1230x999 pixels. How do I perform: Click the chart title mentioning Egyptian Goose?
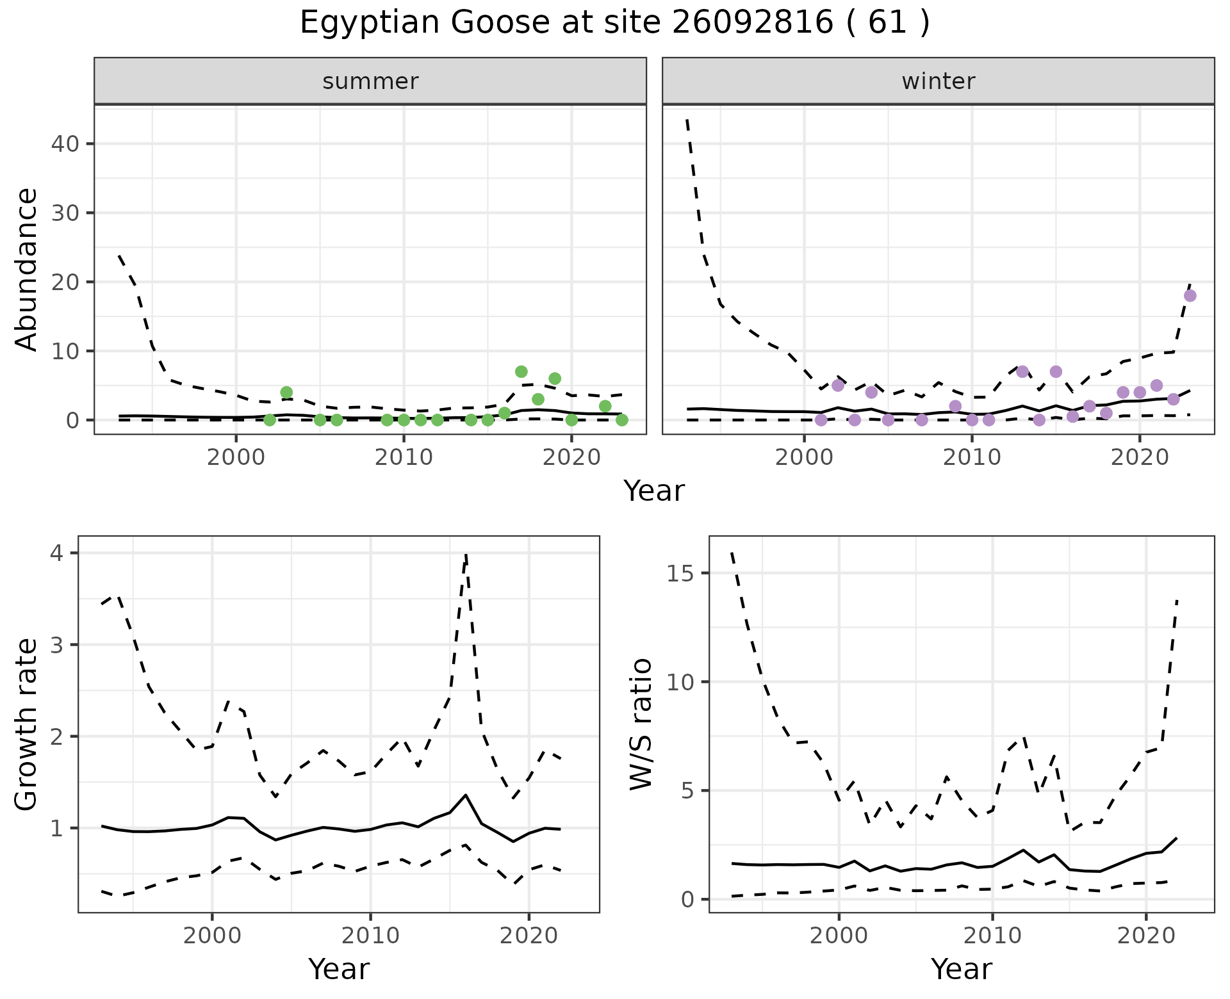[614, 24]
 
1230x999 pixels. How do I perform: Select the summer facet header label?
[370, 81]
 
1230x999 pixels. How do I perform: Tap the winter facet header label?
[938, 81]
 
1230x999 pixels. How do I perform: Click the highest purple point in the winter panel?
[1190, 296]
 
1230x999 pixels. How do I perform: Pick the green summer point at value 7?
[521, 372]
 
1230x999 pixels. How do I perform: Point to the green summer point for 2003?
[286, 393]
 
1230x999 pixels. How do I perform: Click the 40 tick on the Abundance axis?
[64, 143]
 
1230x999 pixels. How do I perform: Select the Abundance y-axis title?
[27, 269]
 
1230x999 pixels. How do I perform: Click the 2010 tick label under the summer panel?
[404, 459]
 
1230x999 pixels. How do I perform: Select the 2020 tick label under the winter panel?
[1140, 459]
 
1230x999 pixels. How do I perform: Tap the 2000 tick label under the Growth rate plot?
[212, 936]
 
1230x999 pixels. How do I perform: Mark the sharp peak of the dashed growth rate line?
[466, 555]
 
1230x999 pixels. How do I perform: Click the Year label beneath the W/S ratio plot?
[961, 970]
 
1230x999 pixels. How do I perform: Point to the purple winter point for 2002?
[838, 386]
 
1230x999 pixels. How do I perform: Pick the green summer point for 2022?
[605, 406]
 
